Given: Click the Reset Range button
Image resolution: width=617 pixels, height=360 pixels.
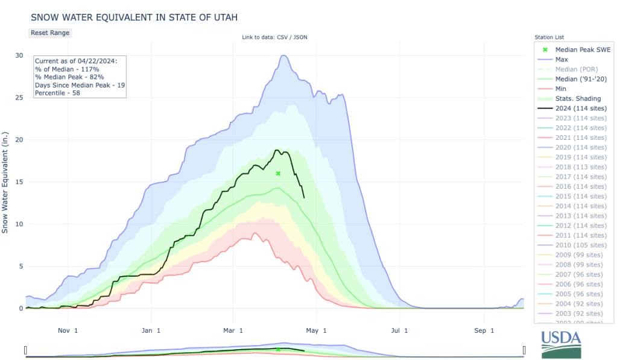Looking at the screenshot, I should [x=50, y=33].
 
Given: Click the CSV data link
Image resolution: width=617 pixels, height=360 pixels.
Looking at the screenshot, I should [x=282, y=37].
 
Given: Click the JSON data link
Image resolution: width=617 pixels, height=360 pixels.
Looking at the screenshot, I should [x=300, y=37].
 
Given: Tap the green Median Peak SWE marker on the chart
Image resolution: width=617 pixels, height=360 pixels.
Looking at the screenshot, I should [x=278, y=174].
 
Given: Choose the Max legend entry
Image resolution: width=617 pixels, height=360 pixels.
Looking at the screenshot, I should [x=562, y=59].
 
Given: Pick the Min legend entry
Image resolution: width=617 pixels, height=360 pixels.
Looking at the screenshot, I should [x=561, y=89].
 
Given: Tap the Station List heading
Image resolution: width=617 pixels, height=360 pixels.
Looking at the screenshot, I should [x=549, y=37].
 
